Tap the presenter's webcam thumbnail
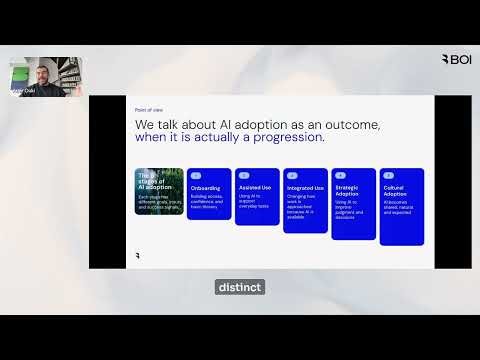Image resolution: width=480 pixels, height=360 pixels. (46, 76)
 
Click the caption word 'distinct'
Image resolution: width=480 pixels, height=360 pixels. (239, 287)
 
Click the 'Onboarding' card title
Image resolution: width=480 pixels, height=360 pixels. (207, 187)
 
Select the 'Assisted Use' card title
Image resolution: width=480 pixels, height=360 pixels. (253, 186)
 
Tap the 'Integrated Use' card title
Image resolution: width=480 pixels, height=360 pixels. (305, 187)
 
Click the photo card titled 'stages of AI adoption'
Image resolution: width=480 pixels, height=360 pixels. (159, 191)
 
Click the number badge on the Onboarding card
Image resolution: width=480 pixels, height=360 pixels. (196, 175)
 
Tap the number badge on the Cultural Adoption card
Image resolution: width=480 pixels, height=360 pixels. (388, 175)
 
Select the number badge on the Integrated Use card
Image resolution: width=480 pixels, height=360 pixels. (292, 175)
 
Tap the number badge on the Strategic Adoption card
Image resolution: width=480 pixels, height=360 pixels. (340, 175)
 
